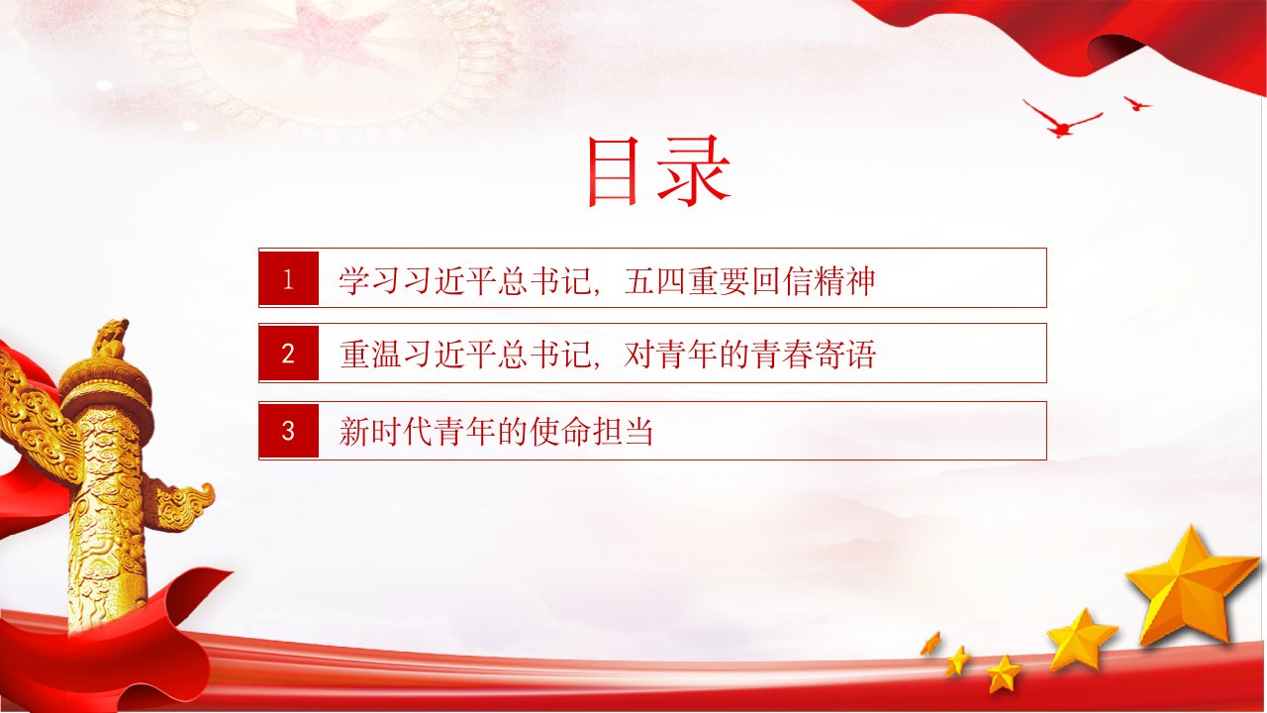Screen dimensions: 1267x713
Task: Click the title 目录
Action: click(659, 171)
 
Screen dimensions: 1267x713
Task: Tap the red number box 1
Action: click(288, 278)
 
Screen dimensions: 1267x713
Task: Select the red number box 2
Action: click(288, 354)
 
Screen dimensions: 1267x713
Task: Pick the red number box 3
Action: click(288, 431)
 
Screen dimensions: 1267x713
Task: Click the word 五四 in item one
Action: click(654, 280)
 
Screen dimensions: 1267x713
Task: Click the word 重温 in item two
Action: click(370, 355)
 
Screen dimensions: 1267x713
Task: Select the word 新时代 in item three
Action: click(386, 431)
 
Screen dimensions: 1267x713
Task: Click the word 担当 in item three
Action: click(623, 431)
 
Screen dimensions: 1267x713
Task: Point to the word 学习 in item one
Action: click(370, 280)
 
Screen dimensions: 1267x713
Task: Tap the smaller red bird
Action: click(1136, 104)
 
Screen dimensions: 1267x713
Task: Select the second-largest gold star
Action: click(1081, 640)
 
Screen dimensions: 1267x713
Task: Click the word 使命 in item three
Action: click(559, 431)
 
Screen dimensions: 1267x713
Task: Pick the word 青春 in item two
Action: click(781, 355)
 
